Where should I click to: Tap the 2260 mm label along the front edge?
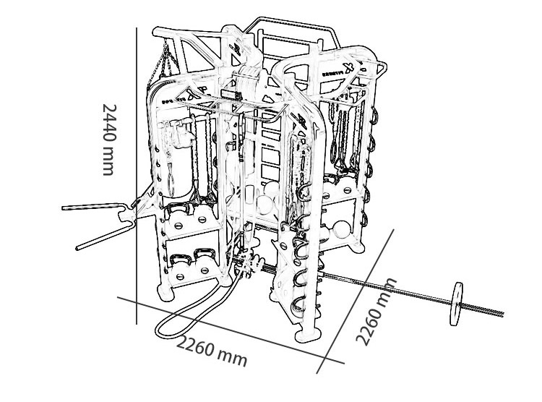point(212,351)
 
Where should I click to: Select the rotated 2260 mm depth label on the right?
point(376,311)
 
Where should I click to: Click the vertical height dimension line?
point(137,176)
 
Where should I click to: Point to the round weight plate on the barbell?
point(457,304)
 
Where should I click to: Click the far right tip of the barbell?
point(504,314)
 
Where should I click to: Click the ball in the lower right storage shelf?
point(342,228)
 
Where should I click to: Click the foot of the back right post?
point(358,247)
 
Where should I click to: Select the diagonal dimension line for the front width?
point(231,330)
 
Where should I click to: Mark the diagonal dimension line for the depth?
point(356,301)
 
